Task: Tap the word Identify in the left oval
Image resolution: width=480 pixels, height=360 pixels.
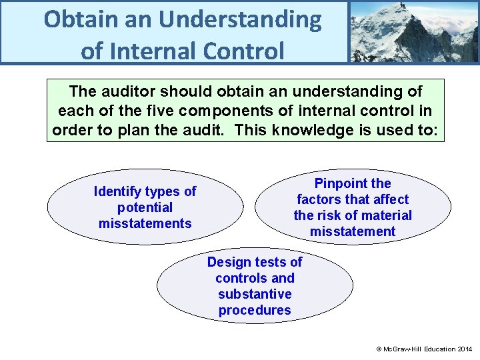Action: pos(119,192)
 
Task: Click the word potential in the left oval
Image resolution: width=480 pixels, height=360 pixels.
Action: pos(145,208)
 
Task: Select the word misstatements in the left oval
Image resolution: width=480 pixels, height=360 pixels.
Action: pos(145,224)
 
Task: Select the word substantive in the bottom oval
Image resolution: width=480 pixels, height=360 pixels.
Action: pos(255,294)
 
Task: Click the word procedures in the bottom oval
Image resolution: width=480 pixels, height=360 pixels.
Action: pos(255,310)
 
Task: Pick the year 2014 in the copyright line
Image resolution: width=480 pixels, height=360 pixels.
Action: pos(465,349)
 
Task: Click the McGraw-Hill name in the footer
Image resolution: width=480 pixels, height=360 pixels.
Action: pos(407,349)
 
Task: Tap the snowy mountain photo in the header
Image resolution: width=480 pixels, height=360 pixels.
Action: pos(413,31)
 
